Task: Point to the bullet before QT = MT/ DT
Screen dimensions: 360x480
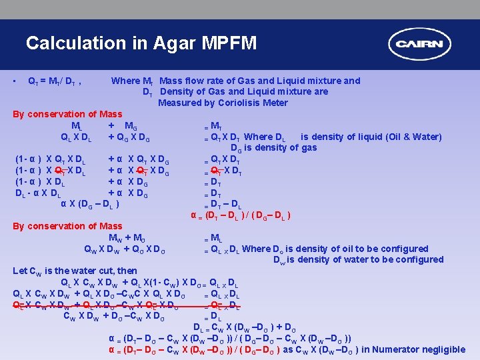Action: (15, 81)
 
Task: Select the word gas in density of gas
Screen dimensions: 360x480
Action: (309, 147)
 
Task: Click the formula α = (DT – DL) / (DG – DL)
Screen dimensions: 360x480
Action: (240, 215)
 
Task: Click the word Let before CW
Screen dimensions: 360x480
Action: (20, 271)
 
